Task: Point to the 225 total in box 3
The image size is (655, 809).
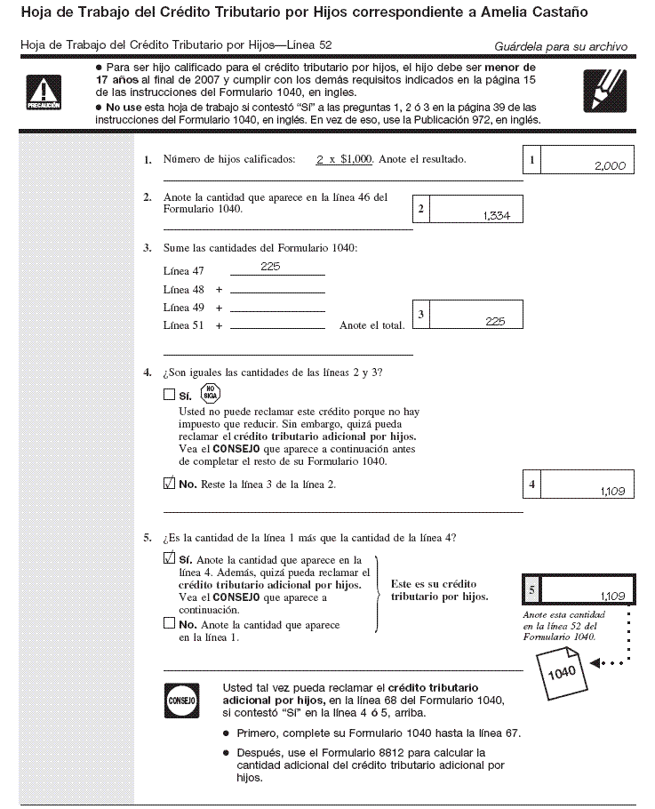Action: (x=495, y=321)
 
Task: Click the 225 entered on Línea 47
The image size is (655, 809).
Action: (x=270, y=266)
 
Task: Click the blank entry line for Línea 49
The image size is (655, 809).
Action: (x=277, y=308)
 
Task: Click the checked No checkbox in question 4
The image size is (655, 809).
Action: (x=169, y=485)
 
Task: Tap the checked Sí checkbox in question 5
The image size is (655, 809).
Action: (x=169, y=559)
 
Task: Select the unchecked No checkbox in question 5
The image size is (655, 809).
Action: (x=169, y=624)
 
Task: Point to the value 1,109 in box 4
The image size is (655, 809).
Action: (x=611, y=490)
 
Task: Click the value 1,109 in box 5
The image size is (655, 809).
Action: (x=611, y=595)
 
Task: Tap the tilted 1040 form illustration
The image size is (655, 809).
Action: (x=562, y=671)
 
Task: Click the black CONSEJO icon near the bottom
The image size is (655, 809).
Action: (x=180, y=700)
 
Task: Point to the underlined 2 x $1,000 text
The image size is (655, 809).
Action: (x=344, y=159)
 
